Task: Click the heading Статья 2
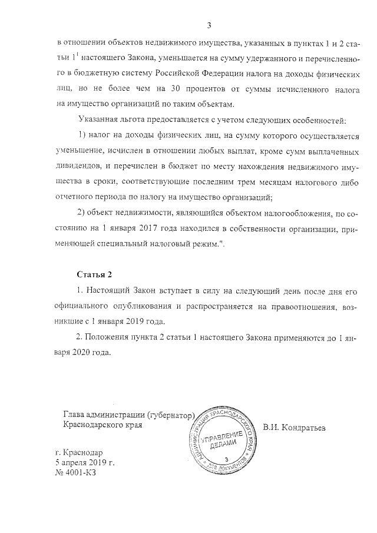click(x=94, y=275)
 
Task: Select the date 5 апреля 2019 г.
click(x=85, y=464)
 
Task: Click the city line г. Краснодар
click(x=78, y=453)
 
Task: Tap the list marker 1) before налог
click(x=84, y=137)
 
